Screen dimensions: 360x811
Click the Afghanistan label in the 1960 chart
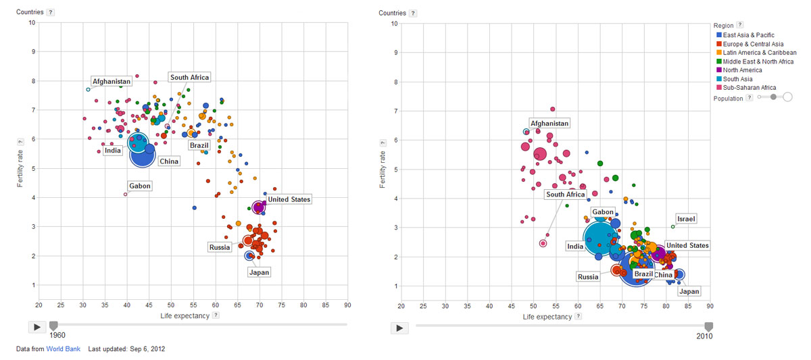coord(112,82)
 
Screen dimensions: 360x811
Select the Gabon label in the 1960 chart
coord(139,186)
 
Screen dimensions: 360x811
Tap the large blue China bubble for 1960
coord(143,156)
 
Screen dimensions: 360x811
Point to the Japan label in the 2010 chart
coord(689,292)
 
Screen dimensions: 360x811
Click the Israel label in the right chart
coord(687,219)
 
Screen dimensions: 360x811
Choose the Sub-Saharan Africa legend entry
coord(749,87)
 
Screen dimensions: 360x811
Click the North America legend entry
coord(742,70)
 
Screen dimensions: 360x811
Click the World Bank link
coord(58,349)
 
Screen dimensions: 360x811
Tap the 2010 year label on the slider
coord(704,336)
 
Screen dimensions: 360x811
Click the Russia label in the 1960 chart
coord(220,247)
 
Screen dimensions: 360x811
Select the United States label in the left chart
coord(289,199)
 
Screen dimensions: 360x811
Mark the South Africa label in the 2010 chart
coord(566,195)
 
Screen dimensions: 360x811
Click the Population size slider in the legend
coord(774,97)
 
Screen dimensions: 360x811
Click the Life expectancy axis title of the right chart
coord(547,315)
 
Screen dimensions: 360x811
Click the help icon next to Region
coord(739,25)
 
